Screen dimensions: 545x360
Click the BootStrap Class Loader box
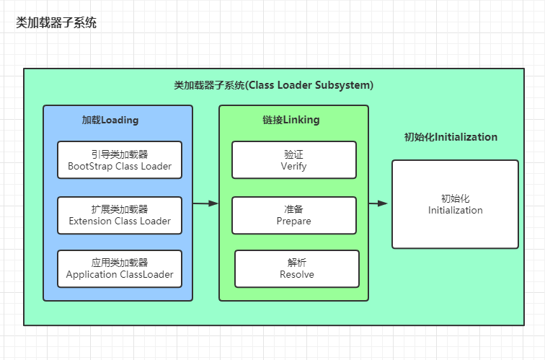click(x=120, y=160)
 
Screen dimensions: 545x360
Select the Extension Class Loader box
click(x=120, y=215)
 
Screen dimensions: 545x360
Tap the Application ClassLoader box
click(x=120, y=269)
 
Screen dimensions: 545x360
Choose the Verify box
click(x=294, y=160)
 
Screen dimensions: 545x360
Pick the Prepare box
click(x=294, y=215)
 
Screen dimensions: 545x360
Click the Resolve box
click(x=297, y=269)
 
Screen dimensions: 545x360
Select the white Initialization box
click(x=456, y=204)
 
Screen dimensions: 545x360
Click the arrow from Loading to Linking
click(x=205, y=203)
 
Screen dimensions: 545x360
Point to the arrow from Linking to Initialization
click(x=378, y=203)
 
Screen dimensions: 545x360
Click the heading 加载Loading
click(x=110, y=120)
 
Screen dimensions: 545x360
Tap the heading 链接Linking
click(x=291, y=120)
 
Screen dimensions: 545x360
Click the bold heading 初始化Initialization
click(x=451, y=136)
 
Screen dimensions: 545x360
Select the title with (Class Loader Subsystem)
click(x=273, y=85)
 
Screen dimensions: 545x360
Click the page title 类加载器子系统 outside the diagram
click(x=56, y=22)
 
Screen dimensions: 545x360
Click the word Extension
click(x=90, y=221)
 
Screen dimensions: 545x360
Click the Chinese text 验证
click(x=293, y=154)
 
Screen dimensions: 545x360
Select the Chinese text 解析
click(x=297, y=263)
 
